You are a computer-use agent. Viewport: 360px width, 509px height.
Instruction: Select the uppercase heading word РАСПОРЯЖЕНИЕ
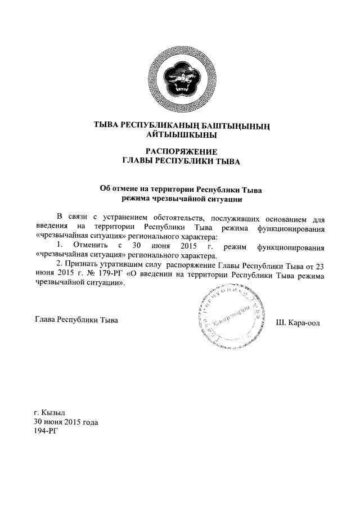181,151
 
